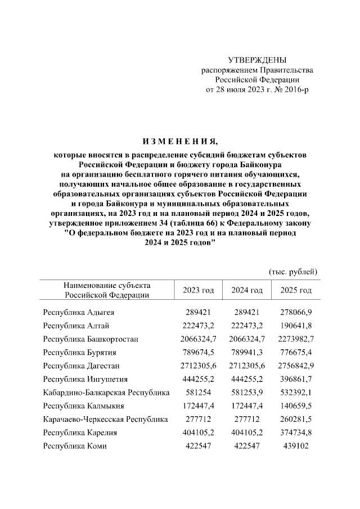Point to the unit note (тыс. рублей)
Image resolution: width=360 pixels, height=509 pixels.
click(x=294, y=271)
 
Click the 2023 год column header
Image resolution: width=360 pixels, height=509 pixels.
click(x=199, y=290)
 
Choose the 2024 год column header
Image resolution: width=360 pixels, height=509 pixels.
click(x=247, y=290)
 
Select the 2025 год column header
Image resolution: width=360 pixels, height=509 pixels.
click(x=295, y=290)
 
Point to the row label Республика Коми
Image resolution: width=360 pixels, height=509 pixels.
click(x=74, y=447)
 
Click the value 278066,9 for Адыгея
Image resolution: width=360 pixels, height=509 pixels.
click(x=295, y=312)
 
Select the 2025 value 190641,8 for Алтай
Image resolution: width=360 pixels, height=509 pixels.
click(x=295, y=325)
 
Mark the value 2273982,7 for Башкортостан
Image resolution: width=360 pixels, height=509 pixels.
click(x=295, y=339)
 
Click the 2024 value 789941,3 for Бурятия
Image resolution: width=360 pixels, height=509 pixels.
click(x=247, y=352)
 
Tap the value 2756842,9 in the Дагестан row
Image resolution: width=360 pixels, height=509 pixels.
click(x=295, y=366)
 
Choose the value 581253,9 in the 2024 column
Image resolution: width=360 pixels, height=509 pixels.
click(x=247, y=393)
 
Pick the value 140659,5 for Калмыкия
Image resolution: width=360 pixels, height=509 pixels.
click(x=295, y=406)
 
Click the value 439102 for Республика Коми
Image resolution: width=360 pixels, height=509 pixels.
click(x=295, y=447)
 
